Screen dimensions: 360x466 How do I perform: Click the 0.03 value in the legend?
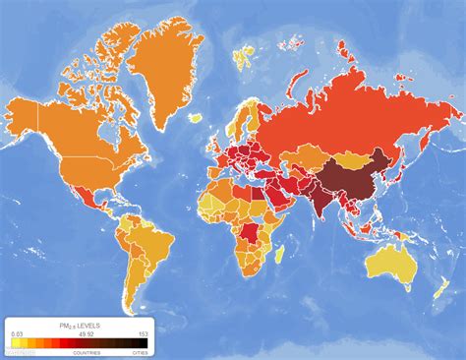17,333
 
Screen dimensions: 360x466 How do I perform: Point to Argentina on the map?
134,291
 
